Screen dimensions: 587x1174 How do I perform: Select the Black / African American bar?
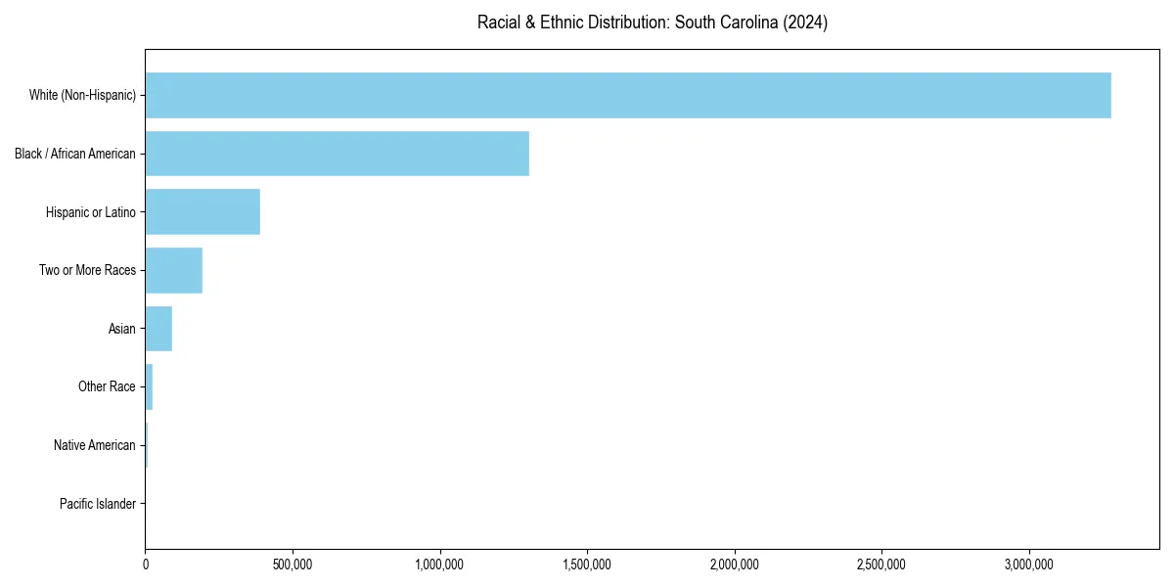click(x=337, y=154)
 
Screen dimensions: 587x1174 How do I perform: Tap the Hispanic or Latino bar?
click(x=203, y=212)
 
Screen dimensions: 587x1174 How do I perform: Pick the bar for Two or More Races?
click(x=173, y=270)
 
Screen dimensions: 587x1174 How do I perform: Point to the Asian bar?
click(x=158, y=329)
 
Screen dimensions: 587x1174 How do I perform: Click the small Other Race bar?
click(x=149, y=387)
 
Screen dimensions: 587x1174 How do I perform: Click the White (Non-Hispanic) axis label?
click(x=82, y=95)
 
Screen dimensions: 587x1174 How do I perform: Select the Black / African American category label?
click(x=75, y=154)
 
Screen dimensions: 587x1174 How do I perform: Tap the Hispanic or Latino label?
click(x=91, y=212)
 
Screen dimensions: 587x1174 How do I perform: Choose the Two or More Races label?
click(x=87, y=270)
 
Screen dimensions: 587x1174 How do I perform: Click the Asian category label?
click(x=122, y=329)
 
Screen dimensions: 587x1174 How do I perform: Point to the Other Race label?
click(x=107, y=387)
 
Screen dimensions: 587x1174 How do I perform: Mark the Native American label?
click(x=95, y=445)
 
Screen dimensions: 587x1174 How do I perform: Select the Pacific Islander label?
click(x=98, y=504)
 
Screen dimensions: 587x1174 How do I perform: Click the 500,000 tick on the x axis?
click(x=293, y=564)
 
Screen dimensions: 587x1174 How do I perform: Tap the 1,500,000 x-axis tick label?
click(x=587, y=564)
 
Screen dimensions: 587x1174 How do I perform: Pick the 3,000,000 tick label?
click(x=1029, y=564)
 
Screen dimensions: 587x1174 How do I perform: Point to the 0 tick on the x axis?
click(x=146, y=564)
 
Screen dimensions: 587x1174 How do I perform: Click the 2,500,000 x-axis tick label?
click(x=881, y=564)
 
